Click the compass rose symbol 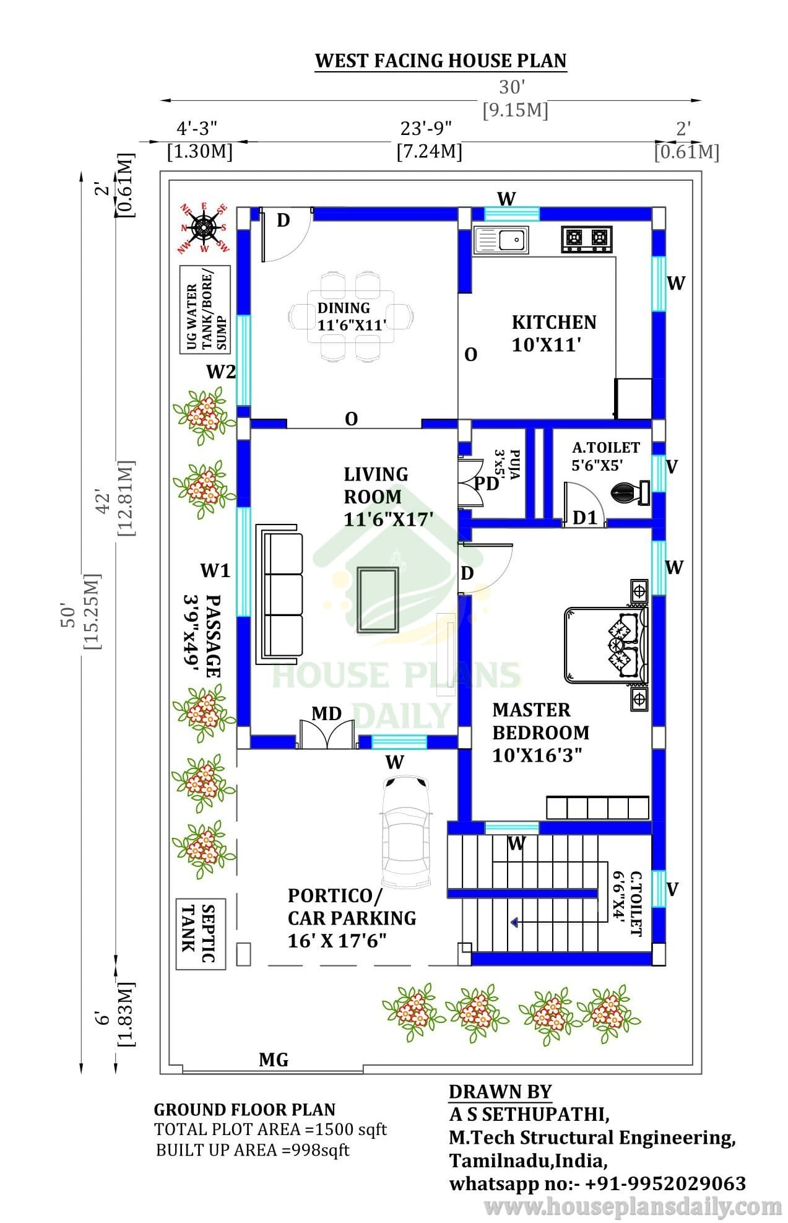(204, 227)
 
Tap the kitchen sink (501, 240)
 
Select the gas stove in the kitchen (587, 239)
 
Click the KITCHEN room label (554, 322)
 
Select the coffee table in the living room (378, 599)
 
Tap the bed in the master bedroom (605, 644)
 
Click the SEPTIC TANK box (201, 934)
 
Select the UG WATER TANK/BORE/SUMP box (205, 310)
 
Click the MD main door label (327, 714)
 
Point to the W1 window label (215, 570)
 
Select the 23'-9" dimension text (426, 128)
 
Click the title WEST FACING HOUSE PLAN (441, 61)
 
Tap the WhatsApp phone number (665, 1183)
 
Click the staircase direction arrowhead (514, 923)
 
